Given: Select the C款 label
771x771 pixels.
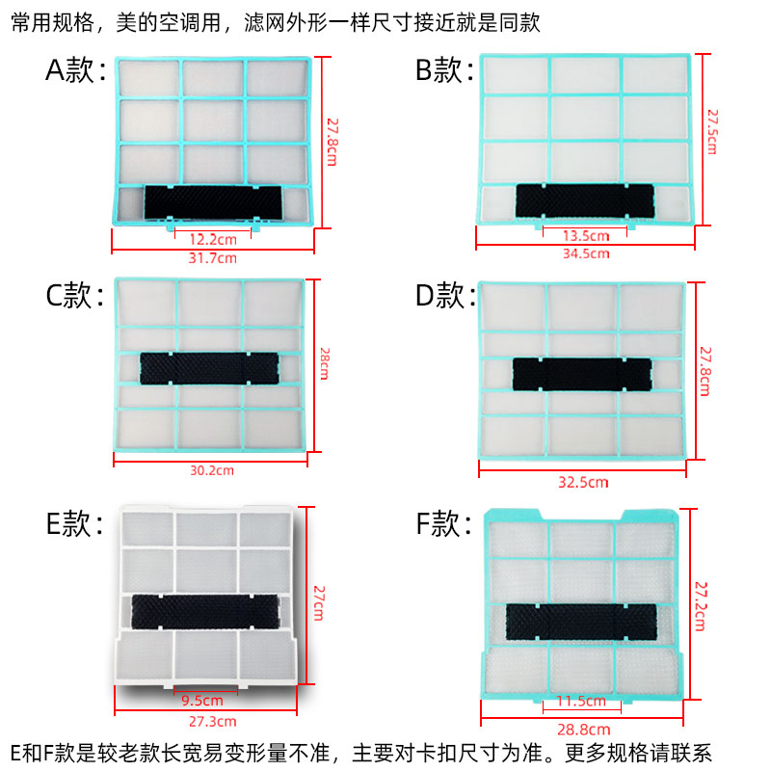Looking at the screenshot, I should click(74, 296).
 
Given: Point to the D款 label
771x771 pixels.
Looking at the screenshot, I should click(444, 296).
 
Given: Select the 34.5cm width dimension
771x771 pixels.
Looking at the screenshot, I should click(586, 253).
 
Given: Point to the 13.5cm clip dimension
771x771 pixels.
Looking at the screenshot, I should click(586, 235).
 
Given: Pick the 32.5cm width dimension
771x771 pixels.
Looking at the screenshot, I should click(584, 481).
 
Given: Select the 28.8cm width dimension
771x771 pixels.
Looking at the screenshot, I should click(586, 730).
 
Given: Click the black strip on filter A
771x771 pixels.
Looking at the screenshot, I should click(213, 201).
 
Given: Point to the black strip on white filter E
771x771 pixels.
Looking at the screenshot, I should click(203, 608).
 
